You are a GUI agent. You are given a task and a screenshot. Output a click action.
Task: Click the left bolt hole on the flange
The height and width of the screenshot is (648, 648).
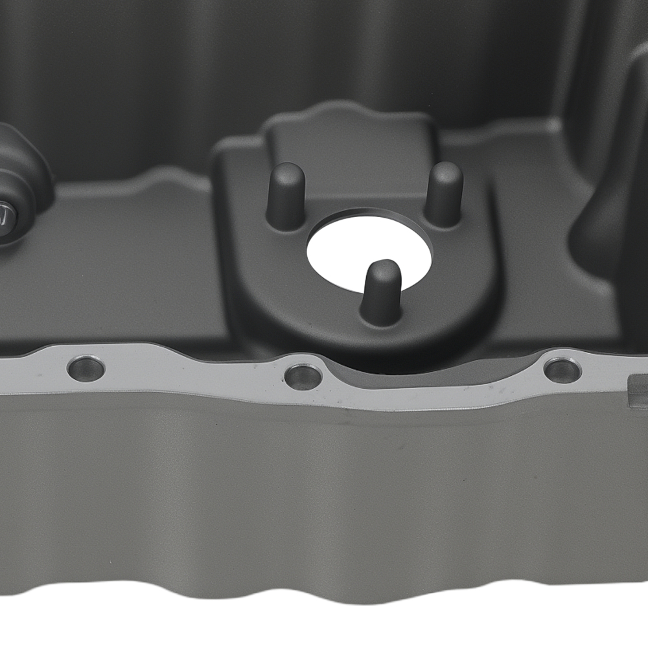86,369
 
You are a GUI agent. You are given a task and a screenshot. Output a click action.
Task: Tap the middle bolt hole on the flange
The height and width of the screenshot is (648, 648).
303,376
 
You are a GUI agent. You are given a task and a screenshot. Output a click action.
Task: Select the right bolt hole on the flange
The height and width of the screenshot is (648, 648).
562,370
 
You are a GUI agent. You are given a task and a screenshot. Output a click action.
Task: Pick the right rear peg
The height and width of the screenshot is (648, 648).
444,192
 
